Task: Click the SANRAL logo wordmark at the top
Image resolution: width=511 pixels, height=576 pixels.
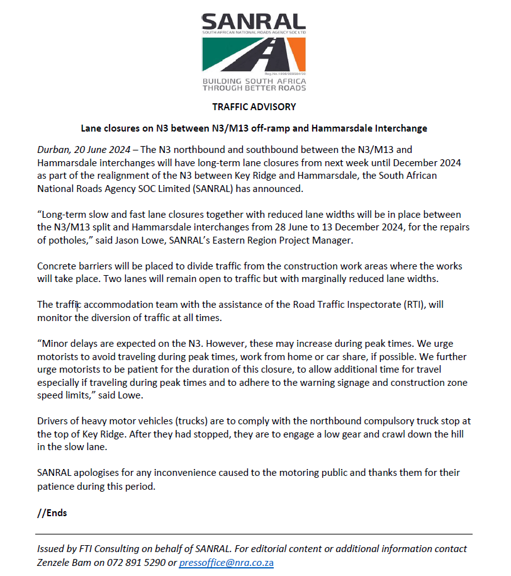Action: click(253, 23)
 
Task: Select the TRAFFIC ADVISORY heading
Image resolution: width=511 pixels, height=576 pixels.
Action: click(254, 106)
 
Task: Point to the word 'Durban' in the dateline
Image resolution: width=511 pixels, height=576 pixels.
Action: click(52, 149)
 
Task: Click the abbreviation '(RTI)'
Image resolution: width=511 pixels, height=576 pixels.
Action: click(410, 305)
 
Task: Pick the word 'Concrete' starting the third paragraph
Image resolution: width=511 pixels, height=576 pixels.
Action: click(56, 266)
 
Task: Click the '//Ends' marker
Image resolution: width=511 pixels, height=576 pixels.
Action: click(52, 512)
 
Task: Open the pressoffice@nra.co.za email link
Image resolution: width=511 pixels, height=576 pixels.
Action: click(226, 563)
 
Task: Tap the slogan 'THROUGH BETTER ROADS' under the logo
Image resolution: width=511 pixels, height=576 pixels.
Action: click(254, 89)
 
